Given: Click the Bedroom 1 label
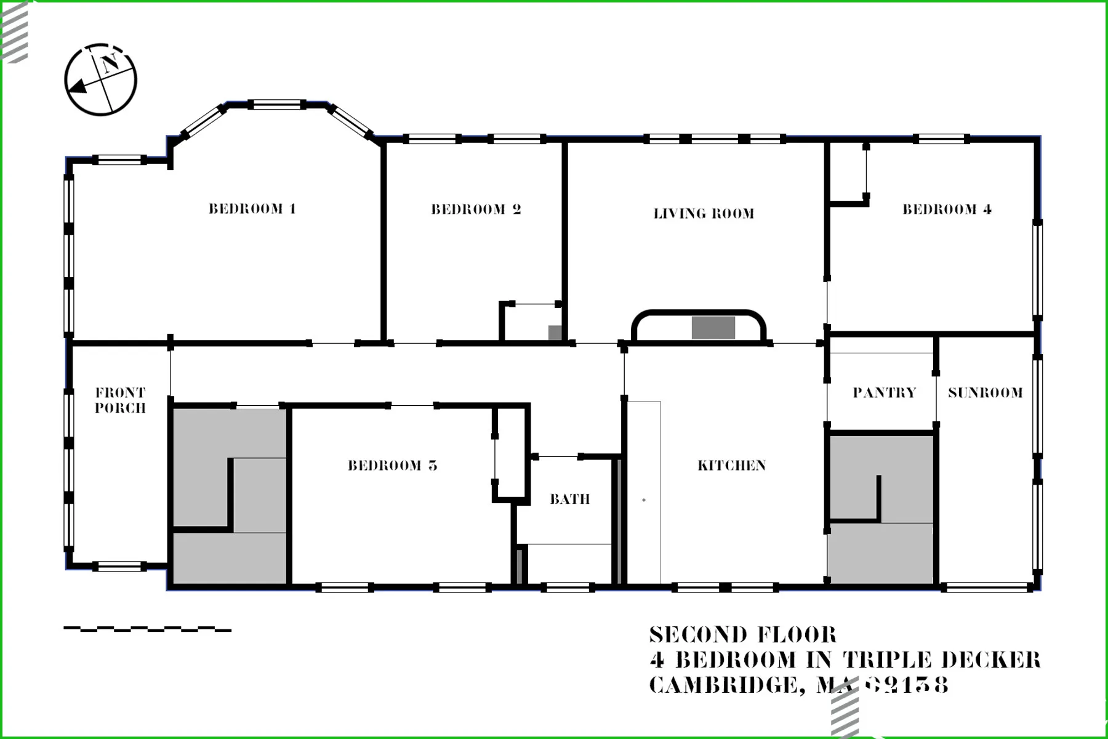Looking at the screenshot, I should point(252,209).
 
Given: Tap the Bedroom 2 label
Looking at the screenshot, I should point(476,209).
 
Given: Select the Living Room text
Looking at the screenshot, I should point(704,214).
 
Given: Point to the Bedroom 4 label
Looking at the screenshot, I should point(947,209).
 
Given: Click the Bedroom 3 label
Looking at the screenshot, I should point(392,466).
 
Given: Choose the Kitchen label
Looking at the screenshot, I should point(731,466).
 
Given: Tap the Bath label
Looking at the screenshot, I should point(569,499).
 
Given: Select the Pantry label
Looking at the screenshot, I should point(884,392).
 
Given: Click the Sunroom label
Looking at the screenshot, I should point(985,392).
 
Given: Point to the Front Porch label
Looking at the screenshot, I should point(120,400).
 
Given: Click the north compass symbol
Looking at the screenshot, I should point(100,79).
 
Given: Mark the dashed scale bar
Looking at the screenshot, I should point(148,629).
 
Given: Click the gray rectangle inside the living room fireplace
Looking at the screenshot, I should point(713,328).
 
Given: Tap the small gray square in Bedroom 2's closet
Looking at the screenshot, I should point(555,332).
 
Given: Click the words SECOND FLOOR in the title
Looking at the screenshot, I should point(743,635).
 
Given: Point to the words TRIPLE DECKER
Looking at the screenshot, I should point(941,660).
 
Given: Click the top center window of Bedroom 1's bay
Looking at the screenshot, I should point(277,105).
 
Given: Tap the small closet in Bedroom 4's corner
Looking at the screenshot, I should point(848,172).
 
